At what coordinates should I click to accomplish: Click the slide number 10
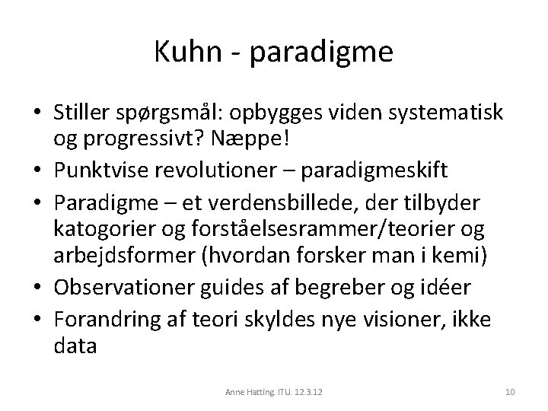coord(510,392)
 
